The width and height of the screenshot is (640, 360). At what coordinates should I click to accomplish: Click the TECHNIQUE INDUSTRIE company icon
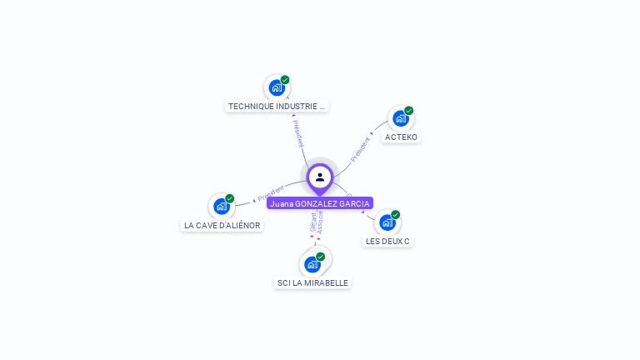[x=277, y=87]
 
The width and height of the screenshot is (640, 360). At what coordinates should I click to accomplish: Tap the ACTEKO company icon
[x=401, y=118]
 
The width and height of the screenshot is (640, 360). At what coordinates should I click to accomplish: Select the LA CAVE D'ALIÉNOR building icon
[x=222, y=207]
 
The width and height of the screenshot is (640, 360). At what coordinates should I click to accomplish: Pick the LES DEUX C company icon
[x=387, y=222]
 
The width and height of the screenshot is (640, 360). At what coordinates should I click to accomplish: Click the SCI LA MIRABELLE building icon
[x=312, y=265]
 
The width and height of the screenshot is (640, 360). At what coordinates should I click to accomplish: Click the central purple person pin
[x=320, y=177]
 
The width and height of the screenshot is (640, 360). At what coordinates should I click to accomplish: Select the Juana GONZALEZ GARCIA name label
[x=320, y=203]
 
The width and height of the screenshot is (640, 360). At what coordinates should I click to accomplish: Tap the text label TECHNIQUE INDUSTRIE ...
[x=277, y=107]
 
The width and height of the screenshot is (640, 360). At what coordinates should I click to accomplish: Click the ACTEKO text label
[x=402, y=137]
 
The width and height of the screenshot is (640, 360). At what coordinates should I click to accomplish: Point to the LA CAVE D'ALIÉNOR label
[x=222, y=225]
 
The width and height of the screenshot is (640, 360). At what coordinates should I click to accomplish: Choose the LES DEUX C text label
[x=387, y=242]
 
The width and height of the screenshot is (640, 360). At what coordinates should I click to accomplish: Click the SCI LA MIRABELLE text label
[x=312, y=283]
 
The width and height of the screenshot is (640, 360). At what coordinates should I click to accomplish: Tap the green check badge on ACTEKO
[x=409, y=111]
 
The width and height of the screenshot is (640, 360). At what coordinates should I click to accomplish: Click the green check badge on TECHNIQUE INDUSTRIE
[x=285, y=80]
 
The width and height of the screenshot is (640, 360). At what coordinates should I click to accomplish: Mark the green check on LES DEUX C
[x=395, y=215]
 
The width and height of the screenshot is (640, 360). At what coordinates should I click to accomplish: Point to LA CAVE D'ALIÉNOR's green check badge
[x=230, y=199]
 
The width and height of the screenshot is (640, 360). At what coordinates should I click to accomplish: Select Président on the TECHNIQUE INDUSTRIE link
[x=298, y=133]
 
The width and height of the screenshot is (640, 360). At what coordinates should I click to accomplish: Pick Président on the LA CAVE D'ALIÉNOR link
[x=271, y=194]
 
